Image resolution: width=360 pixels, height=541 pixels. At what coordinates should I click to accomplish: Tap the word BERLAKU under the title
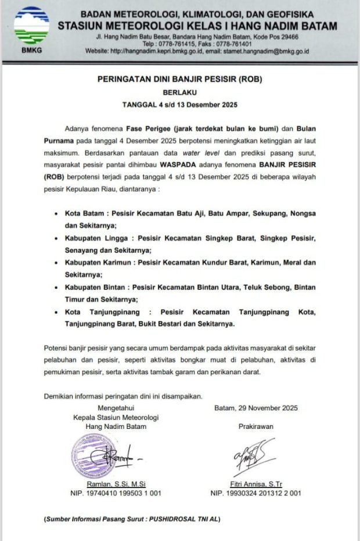click(x=179, y=94)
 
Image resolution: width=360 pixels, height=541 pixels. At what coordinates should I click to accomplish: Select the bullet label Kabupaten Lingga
click(x=96, y=238)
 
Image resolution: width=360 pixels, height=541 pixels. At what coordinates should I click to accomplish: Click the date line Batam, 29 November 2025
click(x=255, y=408)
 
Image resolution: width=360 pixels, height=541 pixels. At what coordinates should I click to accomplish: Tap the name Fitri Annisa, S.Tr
click(x=255, y=484)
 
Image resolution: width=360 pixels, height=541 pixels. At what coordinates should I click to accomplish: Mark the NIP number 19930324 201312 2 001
click(x=264, y=493)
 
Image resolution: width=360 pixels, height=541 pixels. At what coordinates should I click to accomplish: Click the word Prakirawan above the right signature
click(x=255, y=427)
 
